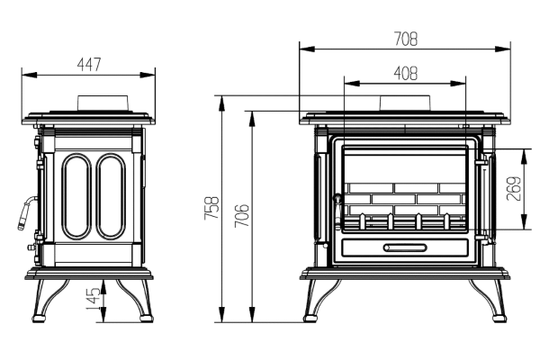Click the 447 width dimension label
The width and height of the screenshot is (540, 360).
pyautogui.click(x=89, y=65)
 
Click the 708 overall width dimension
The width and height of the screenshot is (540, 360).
pyautogui.click(x=406, y=39)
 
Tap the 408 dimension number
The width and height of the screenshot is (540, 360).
pyautogui.click(x=405, y=73)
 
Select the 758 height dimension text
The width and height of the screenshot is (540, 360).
pyautogui.click(x=211, y=208)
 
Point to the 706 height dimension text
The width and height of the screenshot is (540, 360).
pyautogui.click(x=241, y=216)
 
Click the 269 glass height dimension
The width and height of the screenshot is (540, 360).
pyautogui.click(x=514, y=188)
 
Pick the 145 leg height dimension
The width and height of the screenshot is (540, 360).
pyautogui.click(x=93, y=298)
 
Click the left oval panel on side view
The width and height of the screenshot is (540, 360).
pyautogui.click(x=76, y=196)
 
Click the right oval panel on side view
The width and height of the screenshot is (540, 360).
pyautogui.click(x=111, y=196)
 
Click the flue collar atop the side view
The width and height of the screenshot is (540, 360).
pyautogui.click(x=103, y=103)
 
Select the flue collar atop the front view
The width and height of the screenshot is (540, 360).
pyautogui.click(x=405, y=103)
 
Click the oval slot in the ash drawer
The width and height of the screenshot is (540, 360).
pyautogui.click(x=405, y=247)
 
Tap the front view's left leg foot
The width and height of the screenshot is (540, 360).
pyautogui.click(x=310, y=318)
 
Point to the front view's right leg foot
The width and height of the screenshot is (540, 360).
pyautogui.click(x=499, y=318)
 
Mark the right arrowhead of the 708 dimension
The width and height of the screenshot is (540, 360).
pyautogui.click(x=503, y=49)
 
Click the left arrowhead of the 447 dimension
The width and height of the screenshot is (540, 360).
pyautogui.click(x=30, y=75)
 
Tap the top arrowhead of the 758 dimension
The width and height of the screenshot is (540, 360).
pyautogui.click(x=222, y=103)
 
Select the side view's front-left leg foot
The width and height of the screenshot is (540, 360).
pyautogui.click(x=39, y=318)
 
